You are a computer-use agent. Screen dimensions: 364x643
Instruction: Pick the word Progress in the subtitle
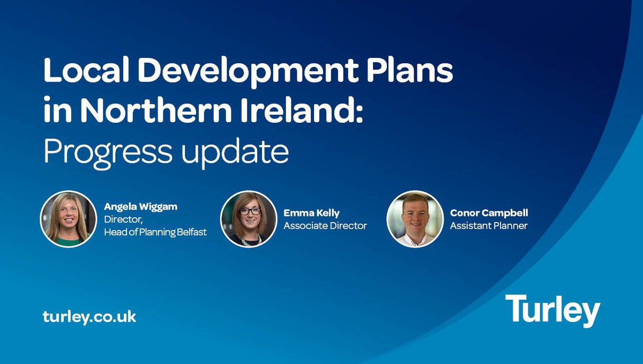(x=107, y=153)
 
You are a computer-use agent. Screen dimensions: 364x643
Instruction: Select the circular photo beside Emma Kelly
(x=249, y=219)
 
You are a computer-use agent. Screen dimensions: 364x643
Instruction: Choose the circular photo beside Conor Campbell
(x=415, y=219)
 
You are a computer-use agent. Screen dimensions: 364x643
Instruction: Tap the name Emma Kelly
(x=311, y=213)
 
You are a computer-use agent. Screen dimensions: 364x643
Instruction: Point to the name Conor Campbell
(x=489, y=213)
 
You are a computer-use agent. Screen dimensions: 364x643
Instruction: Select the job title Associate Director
(x=325, y=226)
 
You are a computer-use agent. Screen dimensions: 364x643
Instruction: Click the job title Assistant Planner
(x=488, y=226)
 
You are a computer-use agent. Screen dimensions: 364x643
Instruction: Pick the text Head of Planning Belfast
(x=155, y=232)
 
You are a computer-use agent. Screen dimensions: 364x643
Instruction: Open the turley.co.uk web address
(x=89, y=316)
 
